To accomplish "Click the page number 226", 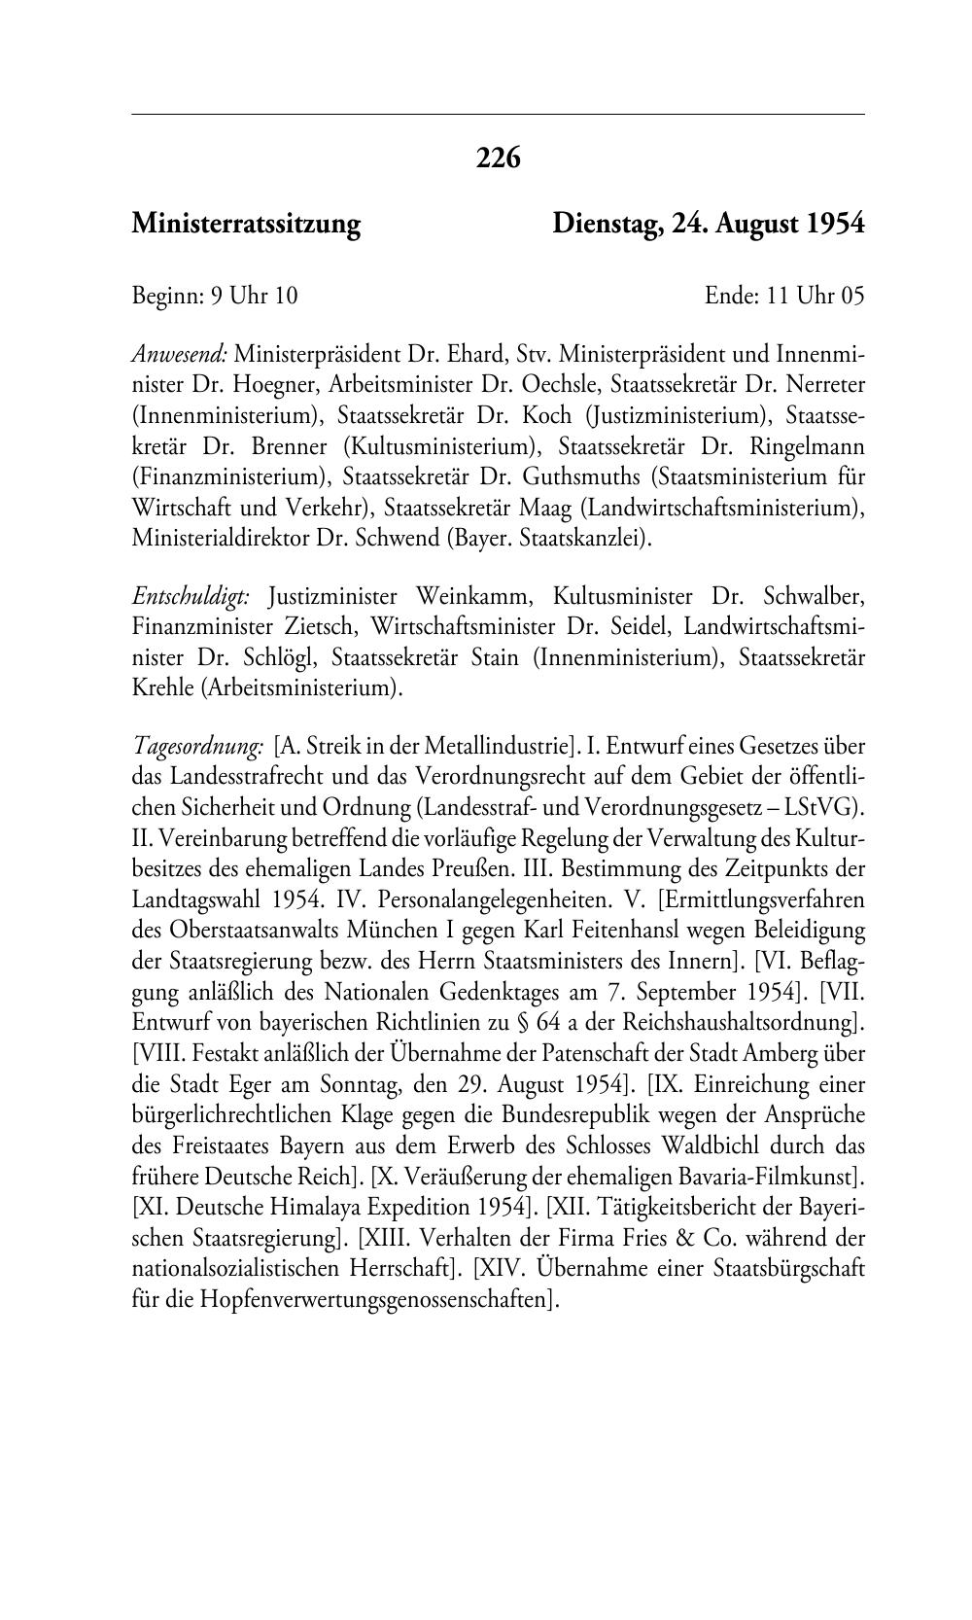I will [x=499, y=158].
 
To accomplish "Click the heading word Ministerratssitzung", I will [x=246, y=225].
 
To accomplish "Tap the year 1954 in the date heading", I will [x=835, y=225].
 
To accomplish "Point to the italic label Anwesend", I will [x=179, y=353].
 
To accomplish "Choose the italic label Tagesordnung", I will [x=197, y=748].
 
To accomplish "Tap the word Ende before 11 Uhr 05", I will [x=731, y=296].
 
